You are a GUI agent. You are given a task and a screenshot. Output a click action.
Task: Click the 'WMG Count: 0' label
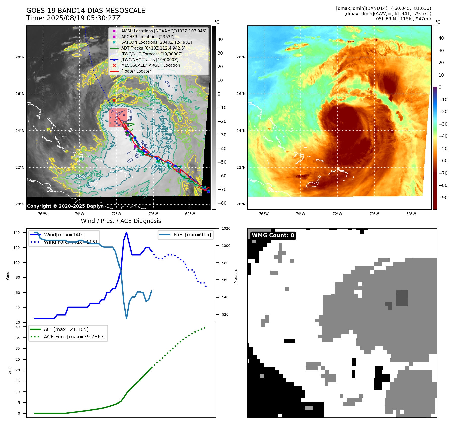tap(273, 235)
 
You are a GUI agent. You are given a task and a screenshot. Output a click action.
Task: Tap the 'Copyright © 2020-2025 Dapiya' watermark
tap(65, 206)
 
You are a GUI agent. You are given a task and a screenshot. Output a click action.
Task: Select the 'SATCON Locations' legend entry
tap(156, 42)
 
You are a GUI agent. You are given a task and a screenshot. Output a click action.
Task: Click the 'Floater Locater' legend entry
tap(136, 71)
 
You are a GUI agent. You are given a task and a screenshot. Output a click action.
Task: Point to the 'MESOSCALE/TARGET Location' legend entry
tap(150, 65)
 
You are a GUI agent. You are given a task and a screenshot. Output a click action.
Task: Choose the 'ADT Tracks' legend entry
tap(153, 48)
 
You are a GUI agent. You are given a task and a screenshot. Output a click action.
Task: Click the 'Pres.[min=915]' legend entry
tap(192, 235)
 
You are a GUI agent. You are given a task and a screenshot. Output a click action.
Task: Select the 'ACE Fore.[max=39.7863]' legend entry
tap(75, 337)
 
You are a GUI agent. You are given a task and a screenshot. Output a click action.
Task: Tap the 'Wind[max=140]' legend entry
tap(64, 235)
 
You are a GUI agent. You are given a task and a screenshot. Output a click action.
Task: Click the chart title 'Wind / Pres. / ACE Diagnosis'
tap(121, 221)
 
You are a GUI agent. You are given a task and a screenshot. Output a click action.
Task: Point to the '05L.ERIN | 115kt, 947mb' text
tap(403, 19)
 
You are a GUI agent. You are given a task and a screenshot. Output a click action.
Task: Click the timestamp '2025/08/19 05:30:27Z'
tap(84, 18)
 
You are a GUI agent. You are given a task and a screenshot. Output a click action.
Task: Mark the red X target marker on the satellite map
tap(114, 101)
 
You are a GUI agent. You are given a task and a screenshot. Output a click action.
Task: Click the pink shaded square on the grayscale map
tap(118, 118)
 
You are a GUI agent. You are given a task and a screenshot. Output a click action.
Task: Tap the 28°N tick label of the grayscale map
tap(20, 57)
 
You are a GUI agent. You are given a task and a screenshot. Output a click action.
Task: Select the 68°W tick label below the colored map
tap(411, 214)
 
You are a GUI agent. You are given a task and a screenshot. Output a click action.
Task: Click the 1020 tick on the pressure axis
tap(226, 228)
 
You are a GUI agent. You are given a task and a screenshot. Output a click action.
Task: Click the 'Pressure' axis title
tap(236, 276)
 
